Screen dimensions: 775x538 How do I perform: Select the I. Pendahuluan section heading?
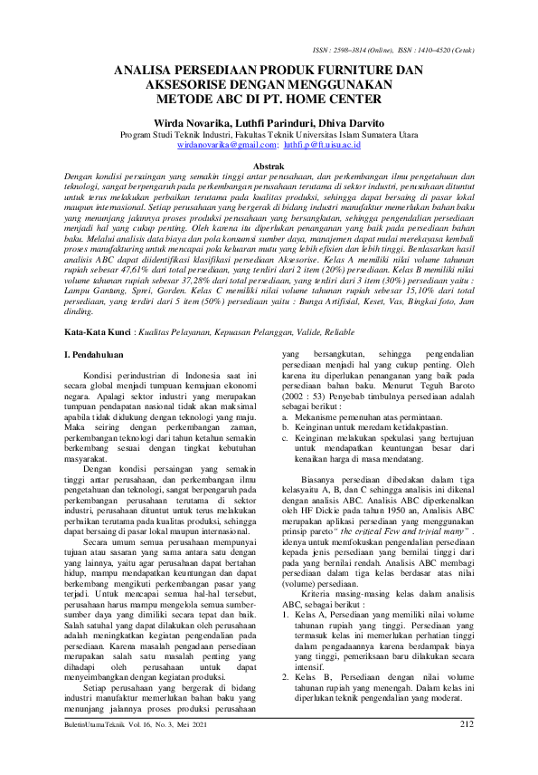tap(97, 357)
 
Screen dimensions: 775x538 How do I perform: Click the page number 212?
tap(467, 750)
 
